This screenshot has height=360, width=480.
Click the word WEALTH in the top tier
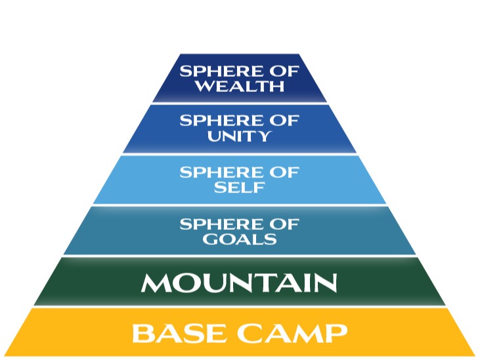[x=240, y=86]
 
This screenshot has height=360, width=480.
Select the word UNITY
[x=240, y=136]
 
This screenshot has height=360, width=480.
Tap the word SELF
[x=240, y=187]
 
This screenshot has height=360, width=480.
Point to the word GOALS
[x=240, y=238]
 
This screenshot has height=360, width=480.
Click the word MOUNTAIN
[x=239, y=282]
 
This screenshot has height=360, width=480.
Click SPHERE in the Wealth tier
[x=221, y=71]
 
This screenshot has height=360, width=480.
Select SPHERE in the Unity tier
[x=221, y=120]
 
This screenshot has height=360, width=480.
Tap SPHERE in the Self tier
[x=221, y=172]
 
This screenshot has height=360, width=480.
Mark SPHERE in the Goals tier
[x=221, y=224]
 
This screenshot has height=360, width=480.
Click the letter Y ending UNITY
[x=264, y=136]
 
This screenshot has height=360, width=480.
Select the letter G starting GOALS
[x=209, y=238]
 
